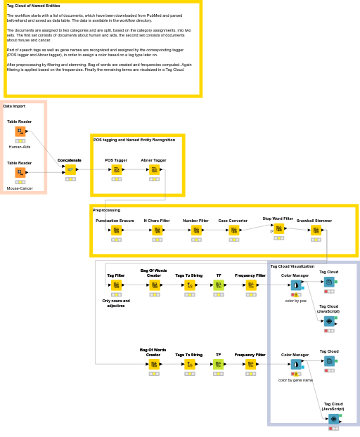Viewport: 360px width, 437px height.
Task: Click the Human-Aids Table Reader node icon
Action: pos(20,131)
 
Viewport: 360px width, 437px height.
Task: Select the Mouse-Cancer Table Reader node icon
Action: pos(20,172)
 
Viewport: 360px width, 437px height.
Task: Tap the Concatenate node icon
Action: pos(70,169)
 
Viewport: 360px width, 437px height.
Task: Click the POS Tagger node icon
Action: pos(116,169)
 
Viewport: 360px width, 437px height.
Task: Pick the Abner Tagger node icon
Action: pos(154,169)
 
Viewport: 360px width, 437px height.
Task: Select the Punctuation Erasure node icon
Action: pos(115,230)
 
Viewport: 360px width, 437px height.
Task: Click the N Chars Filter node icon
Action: pos(157,230)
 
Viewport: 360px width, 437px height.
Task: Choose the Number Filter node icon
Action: pos(195,230)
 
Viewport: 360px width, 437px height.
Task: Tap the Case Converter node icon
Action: pos(233,230)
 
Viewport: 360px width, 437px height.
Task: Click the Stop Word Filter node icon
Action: pos(278,228)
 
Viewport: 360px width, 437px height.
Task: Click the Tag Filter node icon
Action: pos(116,285)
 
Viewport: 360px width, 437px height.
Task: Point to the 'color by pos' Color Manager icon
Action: pos(295,285)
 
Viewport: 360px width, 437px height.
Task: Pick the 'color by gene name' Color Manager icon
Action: pos(295,364)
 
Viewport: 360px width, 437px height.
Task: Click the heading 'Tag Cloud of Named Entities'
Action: pos(33,6)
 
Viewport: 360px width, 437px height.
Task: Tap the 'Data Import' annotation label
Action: pos(14,106)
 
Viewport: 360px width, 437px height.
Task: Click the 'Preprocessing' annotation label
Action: pos(106,210)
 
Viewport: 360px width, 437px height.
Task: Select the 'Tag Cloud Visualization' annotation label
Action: pos(292,266)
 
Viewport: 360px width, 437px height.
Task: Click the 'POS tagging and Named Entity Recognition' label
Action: pos(134,140)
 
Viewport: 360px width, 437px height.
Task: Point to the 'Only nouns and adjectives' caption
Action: pos(116,304)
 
